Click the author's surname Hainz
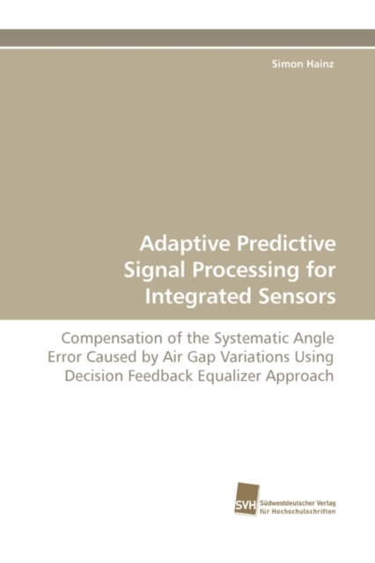pos(320,64)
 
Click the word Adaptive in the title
pos(185,245)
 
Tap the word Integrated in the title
pos(198,297)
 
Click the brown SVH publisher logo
pos(246,500)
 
